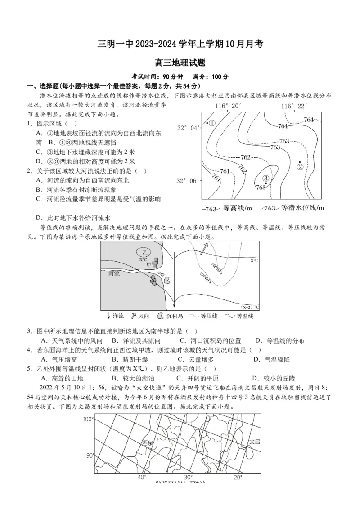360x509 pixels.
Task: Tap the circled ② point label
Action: click(x=300, y=167)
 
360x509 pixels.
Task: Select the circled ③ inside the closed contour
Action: click(x=265, y=179)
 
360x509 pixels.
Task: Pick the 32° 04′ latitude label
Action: click(x=188, y=128)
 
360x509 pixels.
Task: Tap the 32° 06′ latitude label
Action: click(x=188, y=181)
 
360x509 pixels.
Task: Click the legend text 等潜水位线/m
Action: click(x=302, y=208)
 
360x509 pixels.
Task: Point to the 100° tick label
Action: click(x=89, y=419)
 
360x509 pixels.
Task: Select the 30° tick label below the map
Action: click(x=189, y=477)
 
